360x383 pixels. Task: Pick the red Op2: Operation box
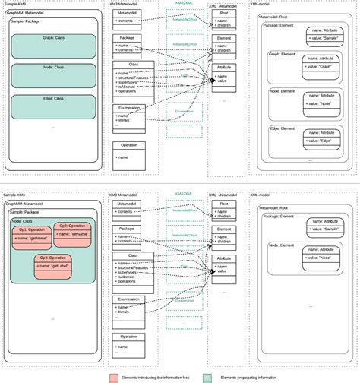[x=73, y=231]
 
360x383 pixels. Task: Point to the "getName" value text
[x=34, y=238]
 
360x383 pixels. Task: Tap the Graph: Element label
[x=282, y=55]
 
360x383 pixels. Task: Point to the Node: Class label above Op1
[x=22, y=221]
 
